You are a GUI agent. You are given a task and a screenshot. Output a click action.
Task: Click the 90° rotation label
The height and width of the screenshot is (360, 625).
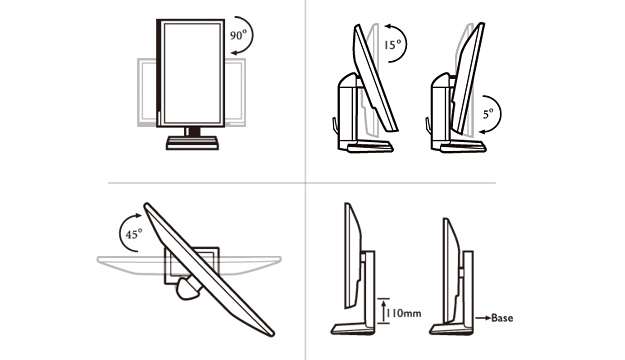238,35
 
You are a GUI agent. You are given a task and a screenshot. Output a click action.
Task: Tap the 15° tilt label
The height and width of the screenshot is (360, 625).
393,44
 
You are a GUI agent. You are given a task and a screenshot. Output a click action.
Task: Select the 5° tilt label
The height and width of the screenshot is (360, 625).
488,114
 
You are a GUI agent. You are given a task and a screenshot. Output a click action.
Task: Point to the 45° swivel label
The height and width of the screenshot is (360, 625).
134,234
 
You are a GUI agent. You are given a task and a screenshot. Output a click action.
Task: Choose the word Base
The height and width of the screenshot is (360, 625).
502,318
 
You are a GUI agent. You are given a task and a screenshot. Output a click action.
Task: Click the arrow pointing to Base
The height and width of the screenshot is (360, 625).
482,318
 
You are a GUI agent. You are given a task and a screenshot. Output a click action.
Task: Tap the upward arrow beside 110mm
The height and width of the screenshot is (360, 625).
383,311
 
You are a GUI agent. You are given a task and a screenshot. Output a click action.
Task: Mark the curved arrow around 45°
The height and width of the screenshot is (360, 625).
120,231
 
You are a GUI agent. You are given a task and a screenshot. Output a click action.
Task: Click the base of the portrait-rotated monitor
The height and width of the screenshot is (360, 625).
192,143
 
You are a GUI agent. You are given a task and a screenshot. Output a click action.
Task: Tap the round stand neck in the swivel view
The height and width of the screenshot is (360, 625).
189,289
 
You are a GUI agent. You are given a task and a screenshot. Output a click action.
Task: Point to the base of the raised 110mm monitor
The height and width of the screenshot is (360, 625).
353,329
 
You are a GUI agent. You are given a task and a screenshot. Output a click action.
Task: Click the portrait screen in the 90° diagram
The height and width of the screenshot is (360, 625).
191,73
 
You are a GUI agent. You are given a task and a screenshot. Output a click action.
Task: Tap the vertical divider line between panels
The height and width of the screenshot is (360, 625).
306,180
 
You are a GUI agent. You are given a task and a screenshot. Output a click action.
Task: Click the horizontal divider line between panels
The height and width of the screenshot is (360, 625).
302,183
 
